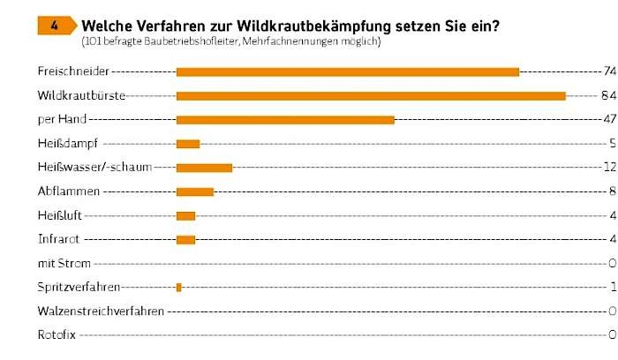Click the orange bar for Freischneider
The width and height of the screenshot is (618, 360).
347,71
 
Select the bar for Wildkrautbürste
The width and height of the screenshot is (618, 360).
371,95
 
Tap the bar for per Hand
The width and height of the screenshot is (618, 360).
285,119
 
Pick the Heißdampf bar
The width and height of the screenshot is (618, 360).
188,144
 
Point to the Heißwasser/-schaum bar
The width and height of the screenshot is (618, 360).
204,168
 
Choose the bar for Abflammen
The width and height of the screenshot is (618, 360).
195,191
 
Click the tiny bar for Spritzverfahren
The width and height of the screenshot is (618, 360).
179,287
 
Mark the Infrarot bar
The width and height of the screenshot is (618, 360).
185,239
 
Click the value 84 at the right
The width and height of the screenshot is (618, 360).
608,95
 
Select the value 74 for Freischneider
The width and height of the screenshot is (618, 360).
608,71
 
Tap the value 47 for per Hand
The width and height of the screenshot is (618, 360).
608,119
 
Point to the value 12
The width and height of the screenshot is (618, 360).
608,168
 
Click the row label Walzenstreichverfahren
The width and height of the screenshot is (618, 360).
101,311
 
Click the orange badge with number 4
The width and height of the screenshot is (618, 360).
55,26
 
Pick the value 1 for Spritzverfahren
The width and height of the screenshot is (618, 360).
611,287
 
